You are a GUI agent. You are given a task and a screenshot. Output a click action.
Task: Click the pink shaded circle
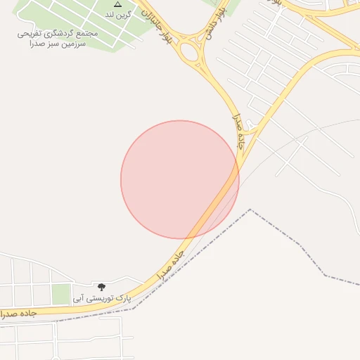[179, 179]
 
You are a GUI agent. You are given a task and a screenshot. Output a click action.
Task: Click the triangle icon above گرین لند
[117, 4]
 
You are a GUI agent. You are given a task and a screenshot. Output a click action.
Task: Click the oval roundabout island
[189, 51]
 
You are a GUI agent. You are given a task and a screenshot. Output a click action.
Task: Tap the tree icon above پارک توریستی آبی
[102, 287]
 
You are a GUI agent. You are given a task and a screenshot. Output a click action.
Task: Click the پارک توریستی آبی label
[102, 298]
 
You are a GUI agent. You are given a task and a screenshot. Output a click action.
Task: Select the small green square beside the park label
[61, 294]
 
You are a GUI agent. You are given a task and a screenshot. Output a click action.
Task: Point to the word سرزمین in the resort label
[91, 43]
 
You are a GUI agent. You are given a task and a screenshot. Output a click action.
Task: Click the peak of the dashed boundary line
[250, 210]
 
